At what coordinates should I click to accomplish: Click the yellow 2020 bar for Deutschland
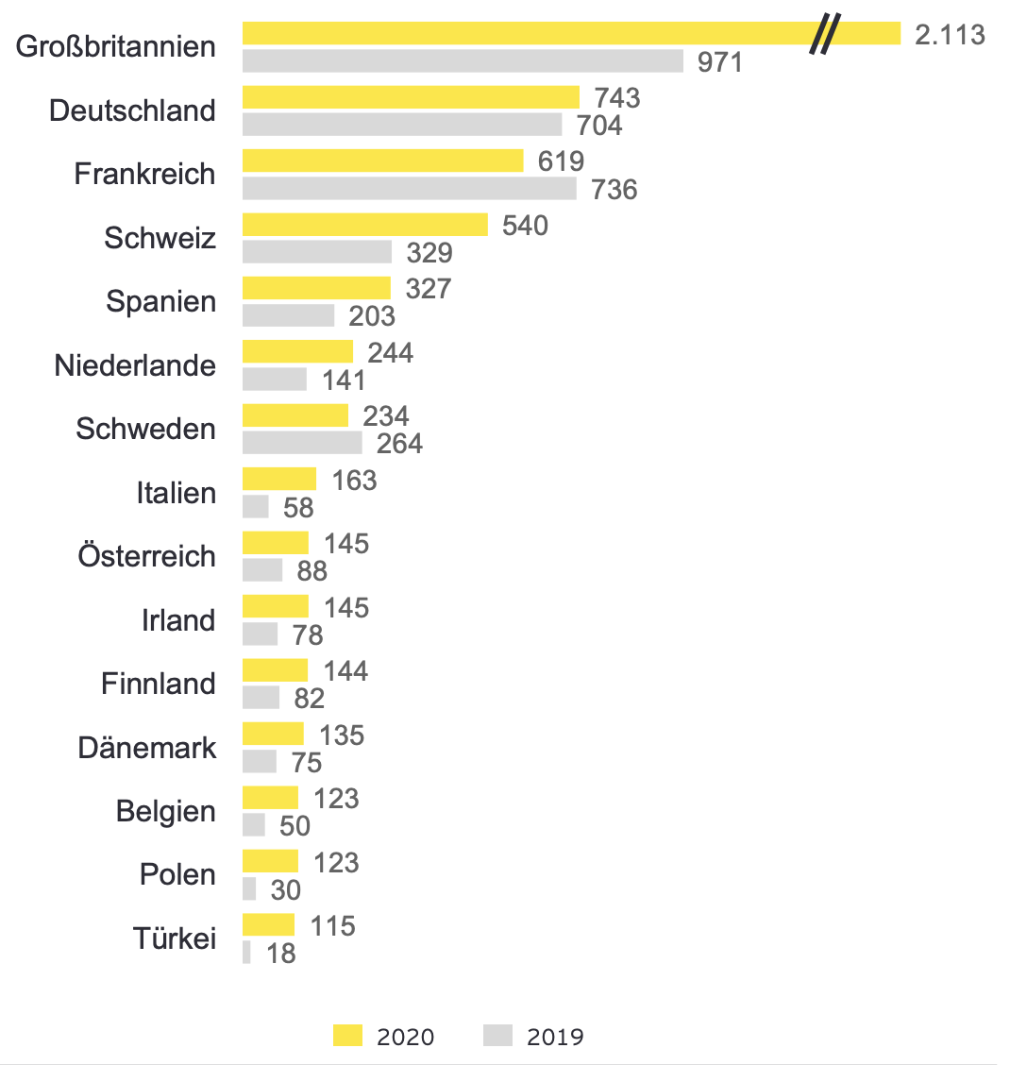pyautogui.click(x=411, y=97)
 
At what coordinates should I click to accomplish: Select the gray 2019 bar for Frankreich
pyautogui.click(x=409, y=189)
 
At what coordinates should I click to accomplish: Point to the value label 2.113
pyautogui.click(x=950, y=35)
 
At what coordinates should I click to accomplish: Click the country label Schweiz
pyautogui.click(x=160, y=238)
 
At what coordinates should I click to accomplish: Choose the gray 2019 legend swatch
pyautogui.click(x=497, y=1036)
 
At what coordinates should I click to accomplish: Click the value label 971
pyautogui.click(x=720, y=62)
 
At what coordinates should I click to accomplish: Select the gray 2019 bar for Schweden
pyautogui.click(x=302, y=443)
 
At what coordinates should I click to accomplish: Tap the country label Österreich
pyautogui.click(x=146, y=556)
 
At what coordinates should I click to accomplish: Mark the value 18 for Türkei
pyautogui.click(x=281, y=954)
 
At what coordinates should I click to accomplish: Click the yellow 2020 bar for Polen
pyautogui.click(x=270, y=861)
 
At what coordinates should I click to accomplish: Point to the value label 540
pyautogui.click(x=525, y=226)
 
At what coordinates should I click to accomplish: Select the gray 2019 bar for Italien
pyautogui.click(x=256, y=507)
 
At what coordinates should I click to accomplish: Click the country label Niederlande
pyautogui.click(x=135, y=365)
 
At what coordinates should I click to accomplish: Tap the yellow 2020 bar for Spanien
pyautogui.click(x=316, y=288)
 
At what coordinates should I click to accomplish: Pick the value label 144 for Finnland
pyautogui.click(x=345, y=671)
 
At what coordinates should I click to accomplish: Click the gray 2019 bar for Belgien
pyautogui.click(x=253, y=825)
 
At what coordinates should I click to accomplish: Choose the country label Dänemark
pyautogui.click(x=146, y=748)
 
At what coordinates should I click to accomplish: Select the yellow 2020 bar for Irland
pyautogui.click(x=275, y=606)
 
